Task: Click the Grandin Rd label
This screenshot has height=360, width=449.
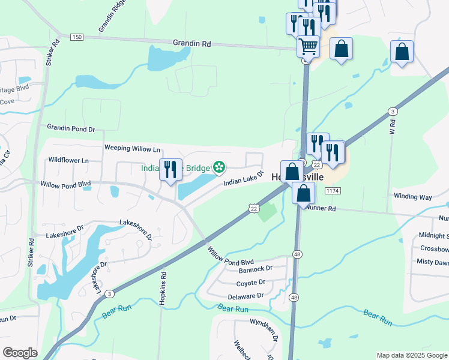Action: (192, 43)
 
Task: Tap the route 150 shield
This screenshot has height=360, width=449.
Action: (76, 37)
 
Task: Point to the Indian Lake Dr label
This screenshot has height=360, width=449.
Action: (244, 178)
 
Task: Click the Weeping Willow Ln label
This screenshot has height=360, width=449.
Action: (133, 148)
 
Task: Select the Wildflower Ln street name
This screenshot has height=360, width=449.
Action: (68, 160)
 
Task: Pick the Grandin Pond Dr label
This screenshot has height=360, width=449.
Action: (71, 128)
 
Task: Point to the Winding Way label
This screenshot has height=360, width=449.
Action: (412, 196)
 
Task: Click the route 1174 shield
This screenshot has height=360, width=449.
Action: (332, 190)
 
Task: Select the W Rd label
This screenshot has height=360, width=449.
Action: (393, 127)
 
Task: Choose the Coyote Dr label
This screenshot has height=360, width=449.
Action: (251, 283)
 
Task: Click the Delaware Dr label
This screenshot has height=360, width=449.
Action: (246, 296)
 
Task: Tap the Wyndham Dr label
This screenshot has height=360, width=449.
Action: (264, 329)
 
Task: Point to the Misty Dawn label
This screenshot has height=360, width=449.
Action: (433, 262)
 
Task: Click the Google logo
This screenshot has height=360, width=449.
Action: (20, 353)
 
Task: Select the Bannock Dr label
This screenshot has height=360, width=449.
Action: (256, 269)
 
